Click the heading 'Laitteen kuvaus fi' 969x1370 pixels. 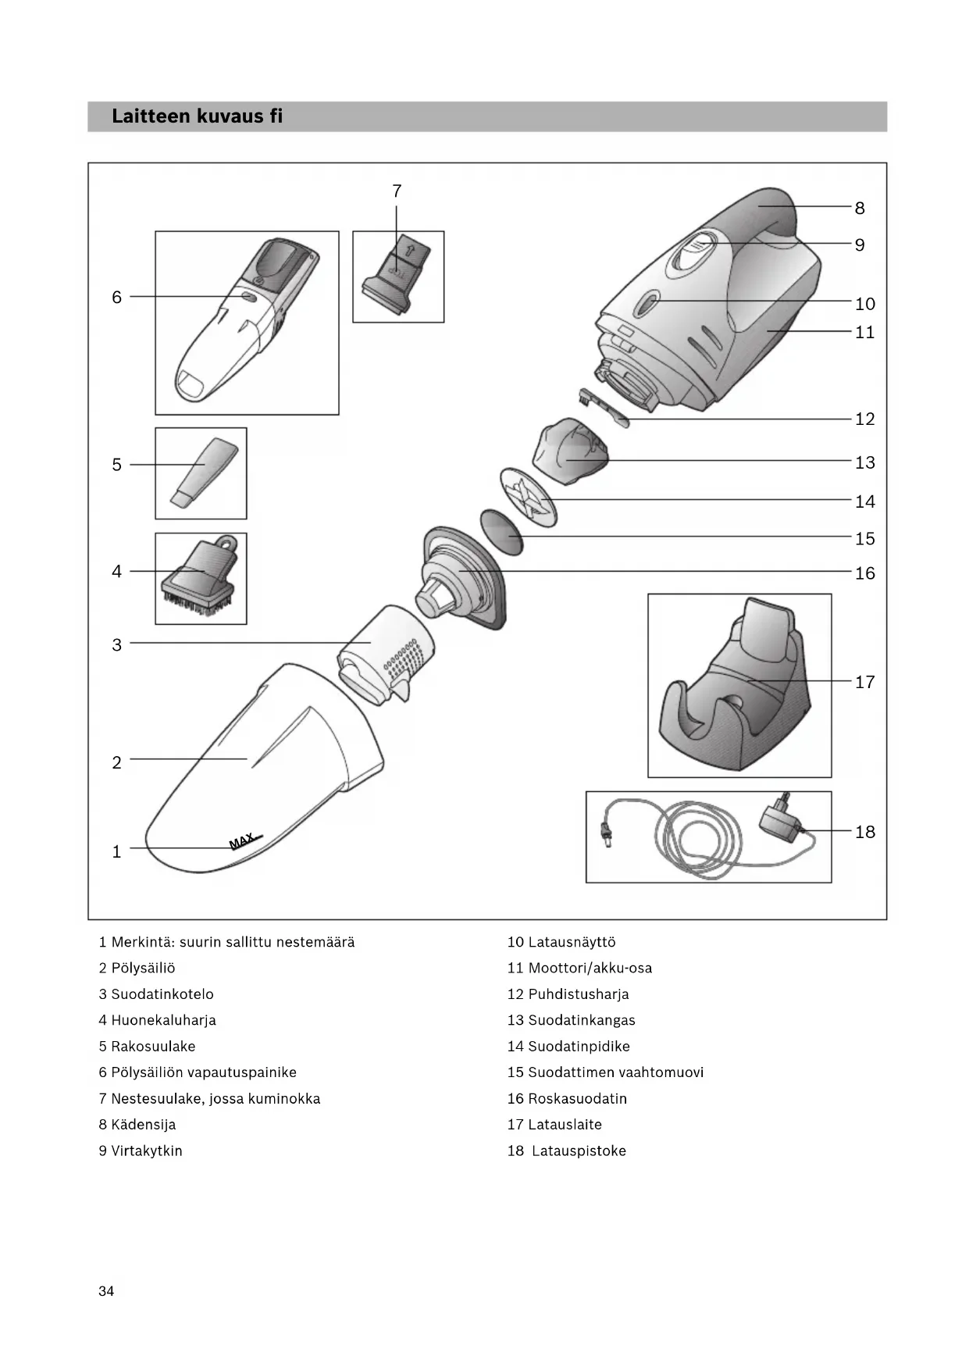(x=197, y=116)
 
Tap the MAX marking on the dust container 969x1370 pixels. (x=244, y=840)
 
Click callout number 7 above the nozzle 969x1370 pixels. (x=397, y=191)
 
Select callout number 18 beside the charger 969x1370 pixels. (x=864, y=832)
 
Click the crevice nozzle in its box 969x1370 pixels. (x=201, y=473)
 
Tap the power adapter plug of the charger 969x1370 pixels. (x=780, y=822)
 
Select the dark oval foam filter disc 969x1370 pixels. (x=501, y=532)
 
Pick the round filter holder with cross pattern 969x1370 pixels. (x=527, y=498)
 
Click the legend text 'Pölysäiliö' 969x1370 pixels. (x=143, y=968)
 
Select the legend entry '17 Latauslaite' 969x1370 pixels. (x=554, y=1125)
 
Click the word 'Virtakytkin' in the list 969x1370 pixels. (x=146, y=1151)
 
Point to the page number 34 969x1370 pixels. (x=106, y=1291)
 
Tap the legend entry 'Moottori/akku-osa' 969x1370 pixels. (x=590, y=968)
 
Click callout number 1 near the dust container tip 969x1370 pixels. (x=116, y=852)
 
